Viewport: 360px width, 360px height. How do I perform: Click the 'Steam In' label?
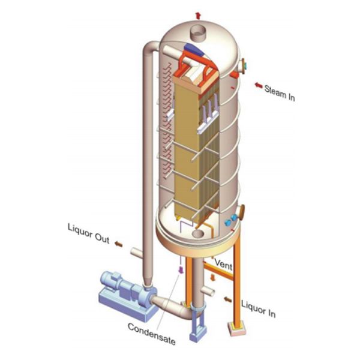click(279, 94)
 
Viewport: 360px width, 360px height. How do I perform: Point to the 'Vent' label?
click(223, 263)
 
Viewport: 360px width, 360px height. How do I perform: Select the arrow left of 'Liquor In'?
click(226, 297)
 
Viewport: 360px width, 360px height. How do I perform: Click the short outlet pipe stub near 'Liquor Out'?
click(137, 250)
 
